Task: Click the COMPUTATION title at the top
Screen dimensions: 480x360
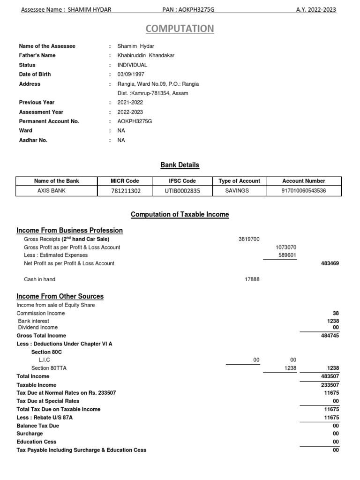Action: coord(180,29)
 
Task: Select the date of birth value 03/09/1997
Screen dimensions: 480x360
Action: coord(131,74)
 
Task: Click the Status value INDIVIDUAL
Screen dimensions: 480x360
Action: coord(132,65)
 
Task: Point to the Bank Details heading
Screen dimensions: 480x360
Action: coord(180,165)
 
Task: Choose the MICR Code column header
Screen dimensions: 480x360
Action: coord(125,181)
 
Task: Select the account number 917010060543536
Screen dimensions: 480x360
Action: coord(304,191)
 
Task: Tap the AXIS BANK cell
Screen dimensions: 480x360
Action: coord(56,191)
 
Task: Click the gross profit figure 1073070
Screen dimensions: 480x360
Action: coord(287,247)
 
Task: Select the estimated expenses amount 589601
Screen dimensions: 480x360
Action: coord(287,255)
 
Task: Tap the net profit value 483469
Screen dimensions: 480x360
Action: coord(330,263)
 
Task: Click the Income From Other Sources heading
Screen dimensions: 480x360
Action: coord(60,296)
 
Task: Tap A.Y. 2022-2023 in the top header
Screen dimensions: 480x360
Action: coord(316,10)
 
